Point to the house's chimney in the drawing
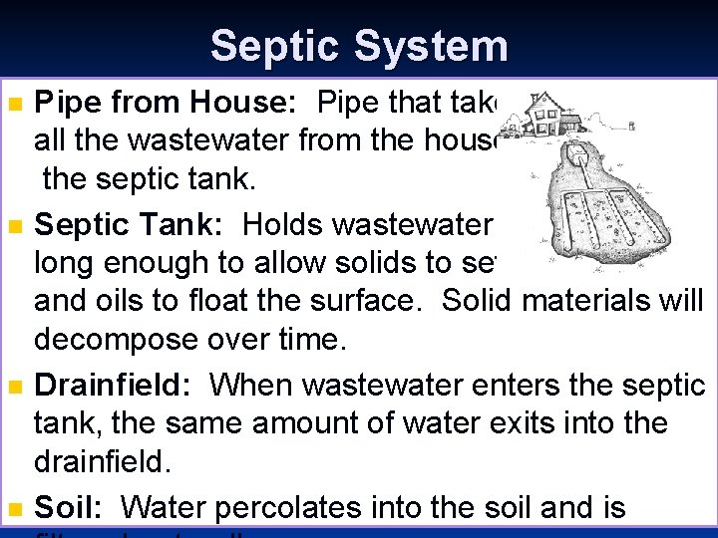(536, 97)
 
